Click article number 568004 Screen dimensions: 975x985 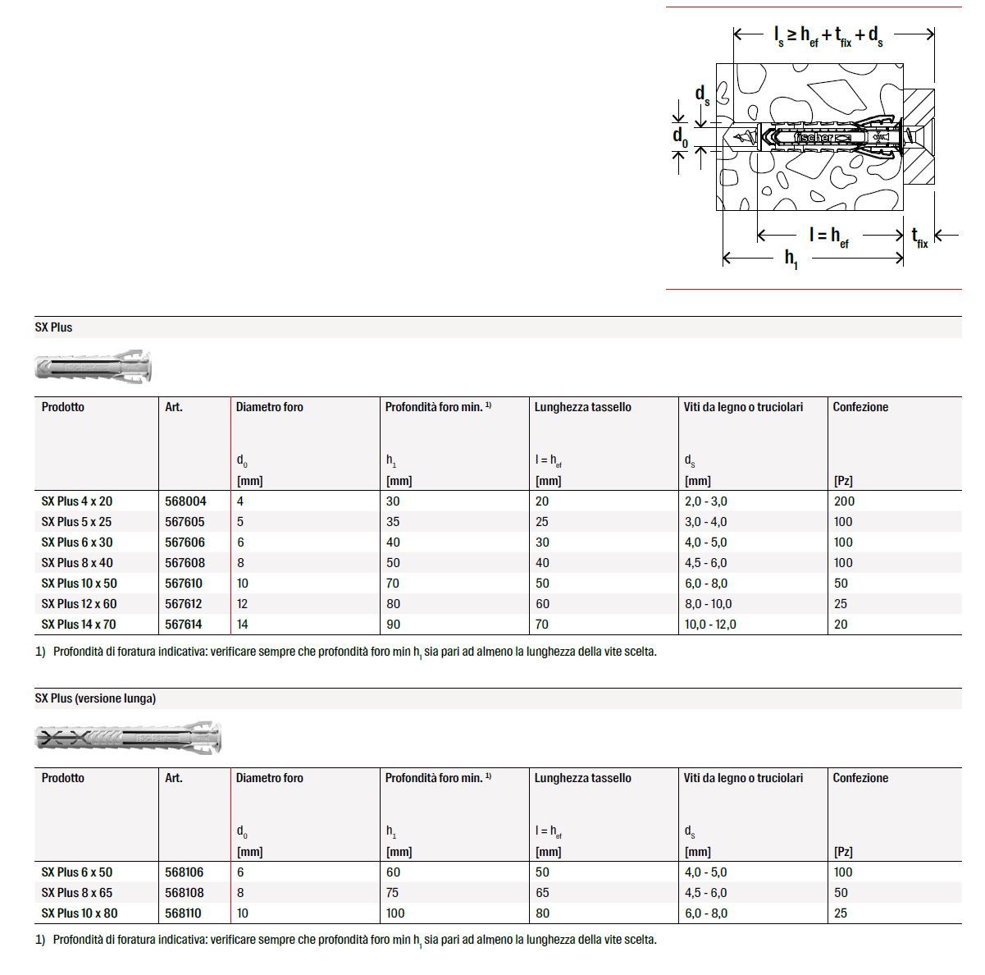[185, 501]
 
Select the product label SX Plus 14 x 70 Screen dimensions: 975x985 [79, 625]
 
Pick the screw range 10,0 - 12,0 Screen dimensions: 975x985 [709, 625]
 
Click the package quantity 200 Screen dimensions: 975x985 [844, 501]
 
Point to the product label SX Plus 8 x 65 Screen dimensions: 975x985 [77, 893]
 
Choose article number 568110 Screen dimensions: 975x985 [184, 913]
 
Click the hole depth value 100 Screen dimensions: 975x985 [395, 913]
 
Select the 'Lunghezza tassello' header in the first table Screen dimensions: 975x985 [582, 407]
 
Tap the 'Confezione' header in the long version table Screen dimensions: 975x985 [860, 778]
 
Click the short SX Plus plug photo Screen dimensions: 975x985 [93, 366]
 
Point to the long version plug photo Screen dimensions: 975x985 [128, 738]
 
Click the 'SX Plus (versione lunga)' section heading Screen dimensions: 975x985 [95, 698]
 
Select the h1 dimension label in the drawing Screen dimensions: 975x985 [791, 259]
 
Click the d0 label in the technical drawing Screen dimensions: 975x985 [679, 135]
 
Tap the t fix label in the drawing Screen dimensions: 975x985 [920, 238]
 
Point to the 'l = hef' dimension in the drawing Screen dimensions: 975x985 [828, 236]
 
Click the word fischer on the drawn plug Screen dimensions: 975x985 [814, 138]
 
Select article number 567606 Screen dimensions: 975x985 [185, 542]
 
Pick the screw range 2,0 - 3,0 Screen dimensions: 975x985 [705, 501]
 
